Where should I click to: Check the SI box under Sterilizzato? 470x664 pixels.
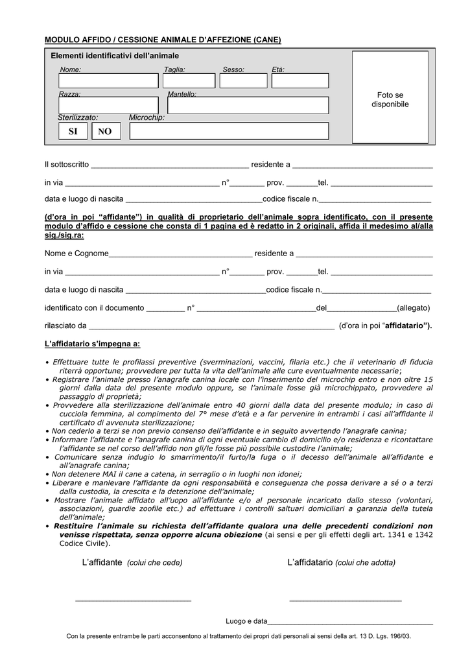(73, 132)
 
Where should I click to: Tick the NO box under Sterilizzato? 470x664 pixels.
(104, 132)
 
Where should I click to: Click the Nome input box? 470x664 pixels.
(108, 81)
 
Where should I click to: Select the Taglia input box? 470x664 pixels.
(189, 81)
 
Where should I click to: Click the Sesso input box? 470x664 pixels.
(243, 81)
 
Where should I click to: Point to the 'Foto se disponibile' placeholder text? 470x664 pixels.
(390, 100)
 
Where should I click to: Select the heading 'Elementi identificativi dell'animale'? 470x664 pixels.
(115, 56)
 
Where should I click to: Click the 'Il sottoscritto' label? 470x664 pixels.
(67, 165)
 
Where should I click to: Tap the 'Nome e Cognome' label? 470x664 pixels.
(76, 254)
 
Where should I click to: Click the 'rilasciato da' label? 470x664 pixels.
(65, 326)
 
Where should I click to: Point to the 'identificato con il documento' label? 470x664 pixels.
(95, 308)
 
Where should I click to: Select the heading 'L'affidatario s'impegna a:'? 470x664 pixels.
(92, 344)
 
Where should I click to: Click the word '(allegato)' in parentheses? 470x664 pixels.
(414, 308)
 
